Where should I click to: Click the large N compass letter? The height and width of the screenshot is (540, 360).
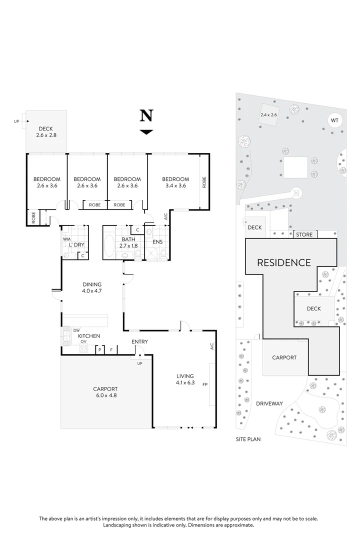pyautogui.click(x=146, y=116)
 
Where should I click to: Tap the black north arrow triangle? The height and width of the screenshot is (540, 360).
pyautogui.click(x=146, y=132)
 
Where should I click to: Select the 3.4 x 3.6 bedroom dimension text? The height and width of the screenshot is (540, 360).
pyautogui.click(x=175, y=186)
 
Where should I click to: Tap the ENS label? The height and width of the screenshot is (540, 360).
pyautogui.click(x=157, y=242)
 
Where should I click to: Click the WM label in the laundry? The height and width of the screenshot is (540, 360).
pyautogui.click(x=66, y=239)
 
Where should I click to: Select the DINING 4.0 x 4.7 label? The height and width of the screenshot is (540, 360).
pyautogui.click(x=92, y=287)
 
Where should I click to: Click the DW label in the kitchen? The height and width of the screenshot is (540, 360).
pyautogui.click(x=76, y=330)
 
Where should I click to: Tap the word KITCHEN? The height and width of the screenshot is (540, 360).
pyautogui.click(x=88, y=336)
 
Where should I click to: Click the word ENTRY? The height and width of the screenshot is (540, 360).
pyautogui.click(x=139, y=342)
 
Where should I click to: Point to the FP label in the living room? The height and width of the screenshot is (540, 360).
pyautogui.click(x=204, y=384)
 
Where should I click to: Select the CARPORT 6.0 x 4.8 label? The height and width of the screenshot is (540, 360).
pyautogui.click(x=105, y=392)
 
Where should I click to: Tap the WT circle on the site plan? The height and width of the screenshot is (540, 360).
pyautogui.click(x=334, y=120)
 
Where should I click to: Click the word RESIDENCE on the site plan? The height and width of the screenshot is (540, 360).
pyautogui.click(x=283, y=262)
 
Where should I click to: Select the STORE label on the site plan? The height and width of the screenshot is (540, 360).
pyautogui.click(x=304, y=234)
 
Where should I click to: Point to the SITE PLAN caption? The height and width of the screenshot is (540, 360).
pyautogui.click(x=248, y=439)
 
